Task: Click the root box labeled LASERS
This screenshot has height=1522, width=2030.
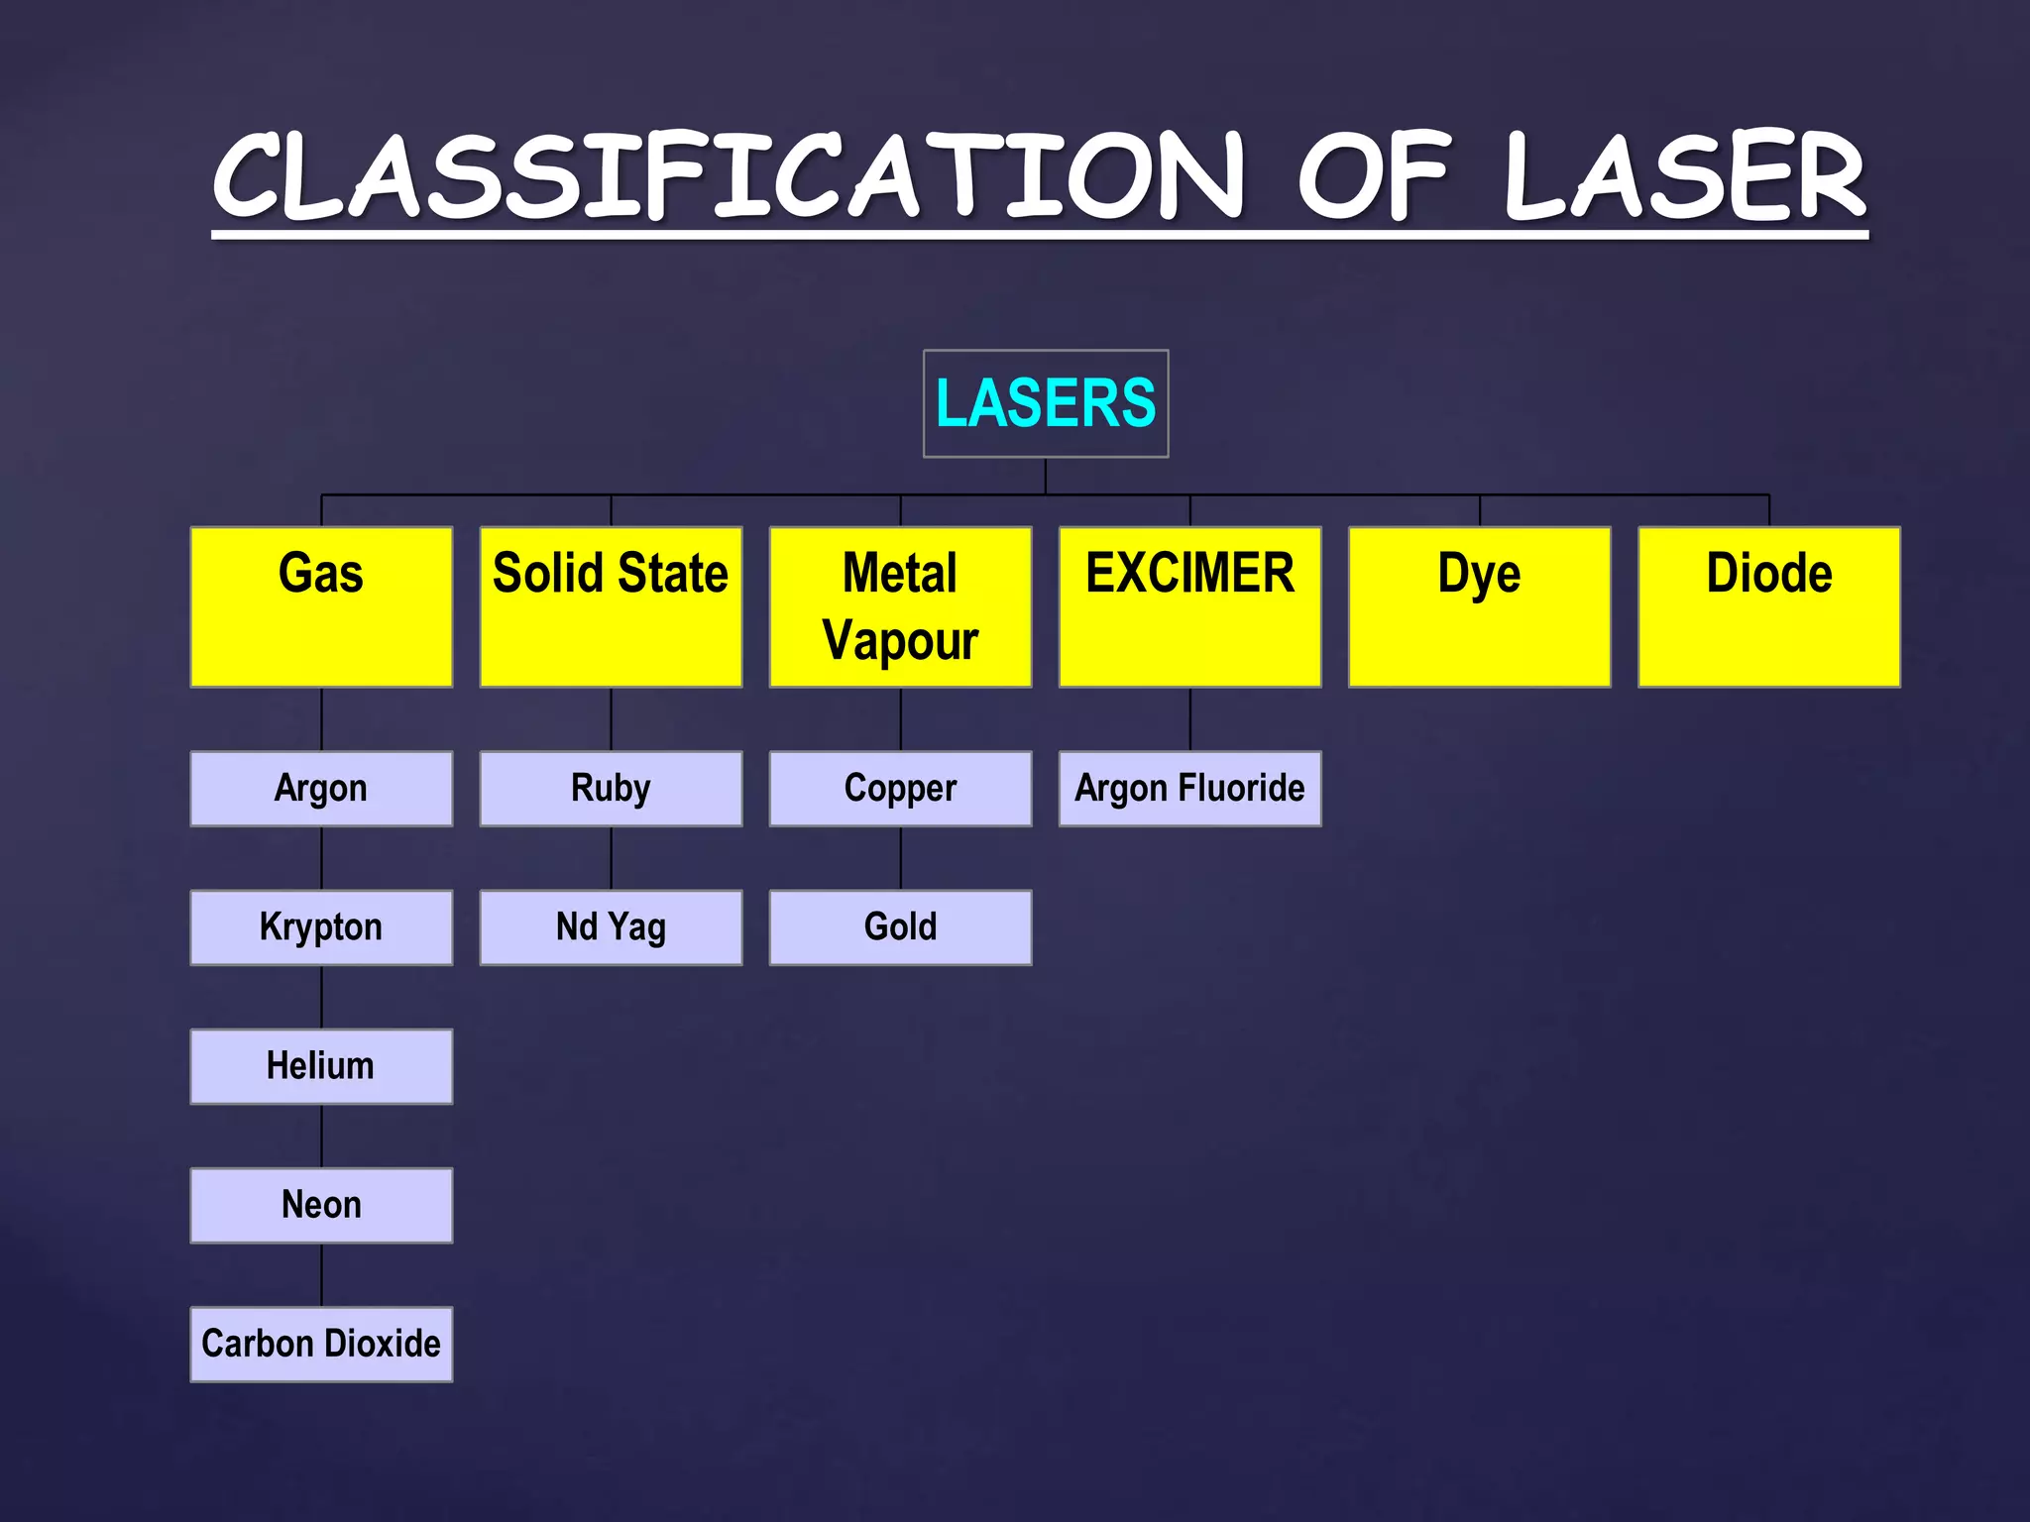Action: (x=1046, y=403)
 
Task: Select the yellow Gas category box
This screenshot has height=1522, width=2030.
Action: (x=321, y=606)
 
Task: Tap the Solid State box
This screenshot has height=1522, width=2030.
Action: (x=611, y=606)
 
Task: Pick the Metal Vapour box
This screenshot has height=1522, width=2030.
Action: (x=900, y=606)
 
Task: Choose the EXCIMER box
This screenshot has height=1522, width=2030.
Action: (x=1189, y=606)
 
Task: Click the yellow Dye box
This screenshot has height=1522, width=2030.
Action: (x=1479, y=606)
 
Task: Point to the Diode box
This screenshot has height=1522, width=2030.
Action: (x=1768, y=606)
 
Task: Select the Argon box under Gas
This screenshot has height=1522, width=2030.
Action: (x=321, y=789)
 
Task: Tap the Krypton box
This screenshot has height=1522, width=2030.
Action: (x=321, y=927)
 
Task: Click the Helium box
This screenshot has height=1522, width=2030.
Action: (x=321, y=1066)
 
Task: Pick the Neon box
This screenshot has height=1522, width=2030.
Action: (x=321, y=1205)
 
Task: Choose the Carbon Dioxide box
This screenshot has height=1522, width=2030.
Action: (x=321, y=1344)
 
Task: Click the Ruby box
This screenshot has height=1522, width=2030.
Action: (x=611, y=789)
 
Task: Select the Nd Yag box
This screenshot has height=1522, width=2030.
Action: (x=611, y=927)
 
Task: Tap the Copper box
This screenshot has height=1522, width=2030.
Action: (x=900, y=789)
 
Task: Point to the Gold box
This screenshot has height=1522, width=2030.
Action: (x=900, y=927)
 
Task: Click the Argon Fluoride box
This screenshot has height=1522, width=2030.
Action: (x=1189, y=789)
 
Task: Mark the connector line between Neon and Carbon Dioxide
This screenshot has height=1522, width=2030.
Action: (x=321, y=1275)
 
